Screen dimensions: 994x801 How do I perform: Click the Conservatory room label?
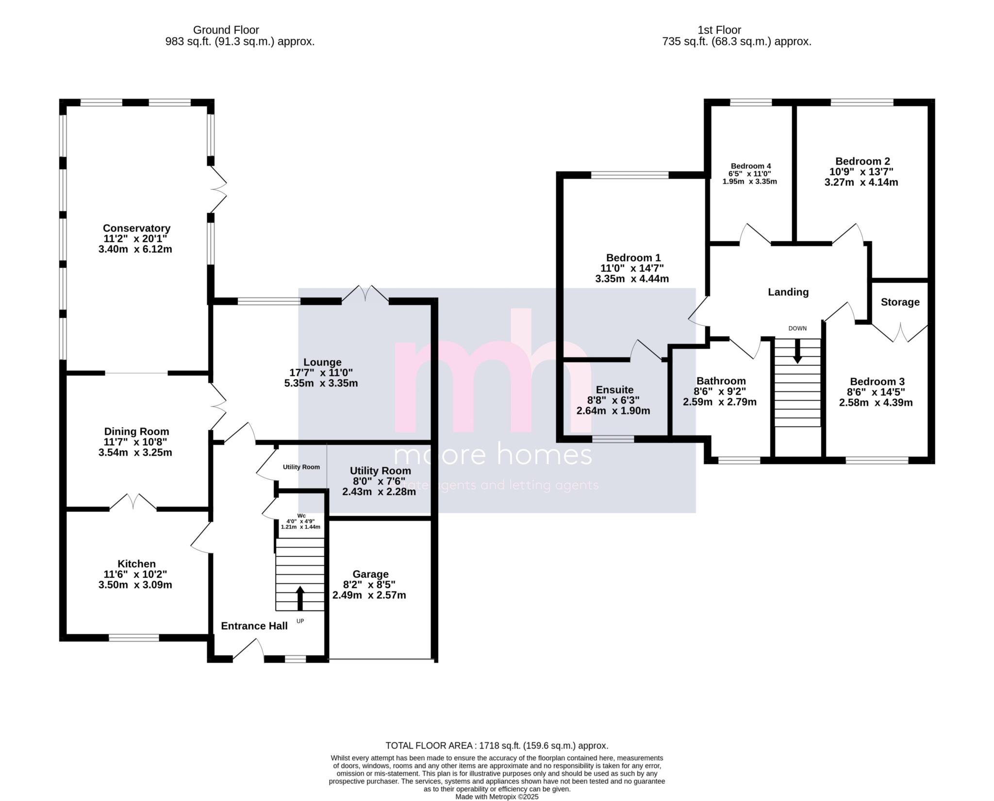pos(136,228)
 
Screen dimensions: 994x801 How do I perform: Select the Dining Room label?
pos(136,431)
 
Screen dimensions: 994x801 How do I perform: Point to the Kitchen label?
pos(136,564)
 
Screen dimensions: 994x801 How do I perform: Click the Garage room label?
pos(370,574)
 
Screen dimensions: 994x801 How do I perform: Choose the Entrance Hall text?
pos(254,626)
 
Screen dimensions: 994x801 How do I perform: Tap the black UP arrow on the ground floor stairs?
pos(300,598)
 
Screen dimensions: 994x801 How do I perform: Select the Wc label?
pos(301,516)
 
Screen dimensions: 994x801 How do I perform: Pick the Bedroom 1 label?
pos(633,258)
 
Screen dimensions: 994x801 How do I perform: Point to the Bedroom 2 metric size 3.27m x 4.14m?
pos(861,182)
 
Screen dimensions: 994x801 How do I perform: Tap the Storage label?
pos(900,302)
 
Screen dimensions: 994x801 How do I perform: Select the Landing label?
pos(788,292)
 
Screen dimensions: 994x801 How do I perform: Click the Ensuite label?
pos(614,390)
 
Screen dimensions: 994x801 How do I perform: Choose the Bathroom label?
pos(721,381)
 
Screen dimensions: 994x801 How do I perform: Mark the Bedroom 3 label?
pos(877,382)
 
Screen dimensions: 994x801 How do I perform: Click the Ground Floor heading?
pos(226,30)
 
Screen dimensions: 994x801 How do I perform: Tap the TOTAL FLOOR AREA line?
pos(497,746)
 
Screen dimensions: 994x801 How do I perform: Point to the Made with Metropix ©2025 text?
pos(497,797)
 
